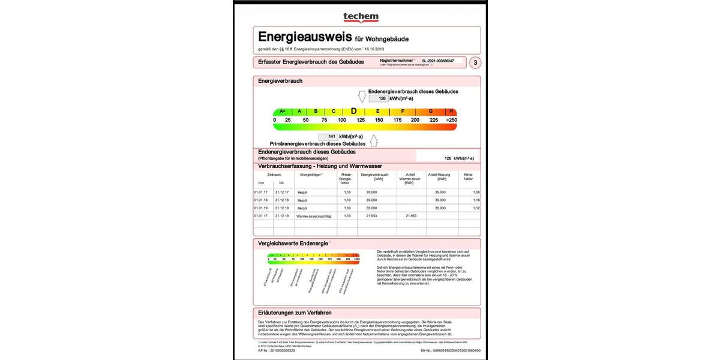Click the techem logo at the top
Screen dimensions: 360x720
(x=360, y=17)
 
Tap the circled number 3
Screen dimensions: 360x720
(x=475, y=62)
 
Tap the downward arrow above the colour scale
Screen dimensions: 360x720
(x=362, y=96)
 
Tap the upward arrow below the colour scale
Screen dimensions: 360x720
(x=373, y=141)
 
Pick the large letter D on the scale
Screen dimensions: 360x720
(x=353, y=111)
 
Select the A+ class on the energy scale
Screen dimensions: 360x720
(x=283, y=111)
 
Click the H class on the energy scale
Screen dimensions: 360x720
(x=451, y=111)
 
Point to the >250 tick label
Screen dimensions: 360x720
(x=451, y=120)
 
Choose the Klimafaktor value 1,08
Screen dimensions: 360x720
(x=476, y=192)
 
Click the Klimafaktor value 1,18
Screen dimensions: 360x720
(x=476, y=200)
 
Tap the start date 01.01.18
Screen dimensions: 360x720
(x=260, y=200)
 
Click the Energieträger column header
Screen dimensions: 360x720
(x=311, y=175)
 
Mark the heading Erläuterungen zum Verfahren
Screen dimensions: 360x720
(x=295, y=313)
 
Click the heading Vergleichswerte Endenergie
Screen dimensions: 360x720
(x=293, y=243)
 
